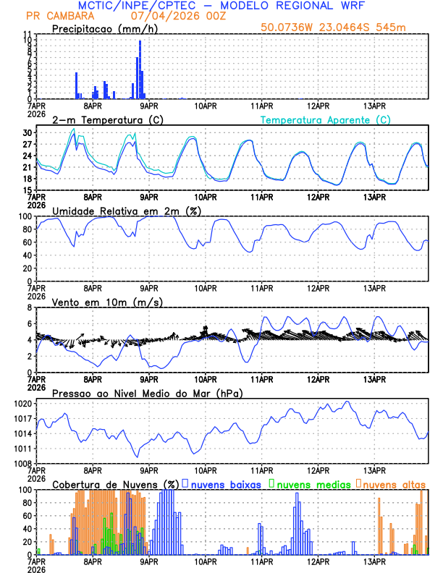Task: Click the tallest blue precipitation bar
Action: tap(140, 69)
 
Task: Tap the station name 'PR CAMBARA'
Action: tap(55, 15)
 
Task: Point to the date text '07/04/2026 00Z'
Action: tap(168, 15)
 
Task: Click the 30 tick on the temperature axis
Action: tap(28, 133)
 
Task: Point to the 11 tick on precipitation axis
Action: tap(28, 34)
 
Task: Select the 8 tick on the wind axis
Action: tap(30, 307)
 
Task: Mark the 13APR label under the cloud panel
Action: tap(374, 561)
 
